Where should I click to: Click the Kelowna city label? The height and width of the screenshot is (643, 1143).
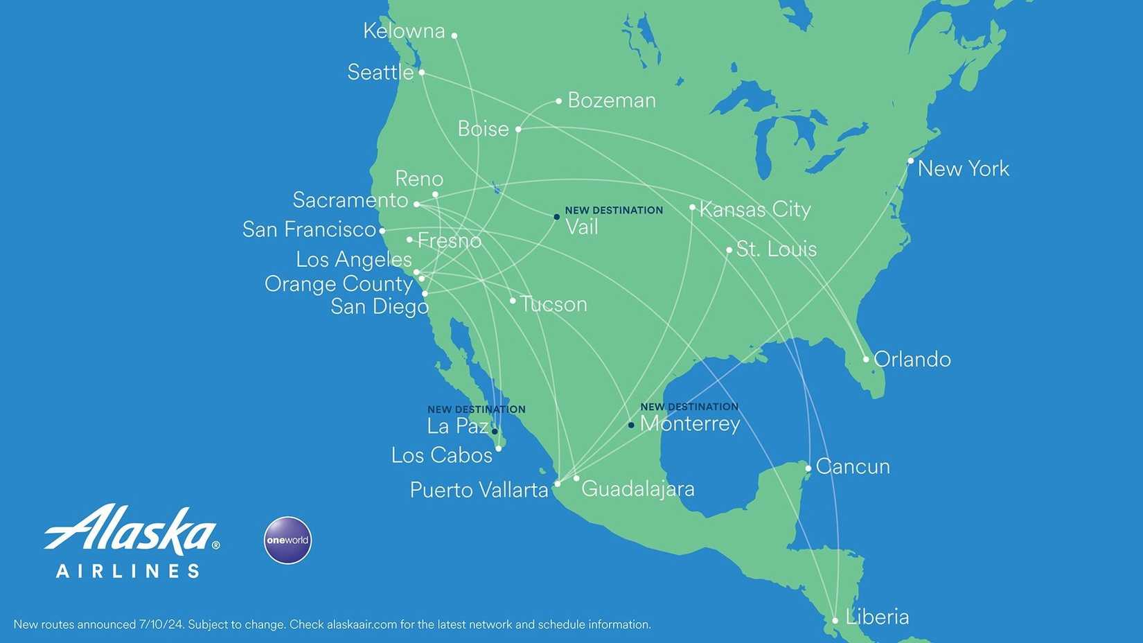(404, 31)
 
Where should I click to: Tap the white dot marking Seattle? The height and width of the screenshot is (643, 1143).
(421, 72)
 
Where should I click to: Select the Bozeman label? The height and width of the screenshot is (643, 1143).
(612, 100)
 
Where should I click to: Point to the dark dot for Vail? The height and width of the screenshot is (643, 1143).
(556, 217)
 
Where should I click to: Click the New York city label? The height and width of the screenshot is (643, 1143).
(963, 168)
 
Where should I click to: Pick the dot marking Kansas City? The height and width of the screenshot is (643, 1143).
(692, 207)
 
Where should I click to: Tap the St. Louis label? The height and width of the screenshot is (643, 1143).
(776, 249)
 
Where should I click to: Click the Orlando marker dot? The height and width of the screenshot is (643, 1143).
(866, 359)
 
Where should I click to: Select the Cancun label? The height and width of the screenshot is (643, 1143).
(853, 466)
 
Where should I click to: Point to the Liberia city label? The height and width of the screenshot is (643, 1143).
(877, 617)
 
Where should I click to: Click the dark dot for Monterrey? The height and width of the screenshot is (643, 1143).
(631, 425)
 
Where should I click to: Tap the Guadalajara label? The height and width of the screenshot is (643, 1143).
(637, 489)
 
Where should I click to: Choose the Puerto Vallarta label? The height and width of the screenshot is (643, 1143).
(479, 490)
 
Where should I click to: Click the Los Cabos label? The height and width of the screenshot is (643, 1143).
(441, 455)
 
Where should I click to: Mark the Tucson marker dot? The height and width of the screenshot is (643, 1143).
(513, 301)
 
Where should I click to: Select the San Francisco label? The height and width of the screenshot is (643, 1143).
(309, 229)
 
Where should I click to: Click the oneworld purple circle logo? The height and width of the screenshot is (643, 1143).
(287, 540)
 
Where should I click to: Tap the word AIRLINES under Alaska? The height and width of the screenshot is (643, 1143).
(128, 571)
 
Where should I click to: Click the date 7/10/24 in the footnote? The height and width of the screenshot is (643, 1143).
(161, 624)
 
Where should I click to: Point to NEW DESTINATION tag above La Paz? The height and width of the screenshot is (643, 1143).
(476, 409)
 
